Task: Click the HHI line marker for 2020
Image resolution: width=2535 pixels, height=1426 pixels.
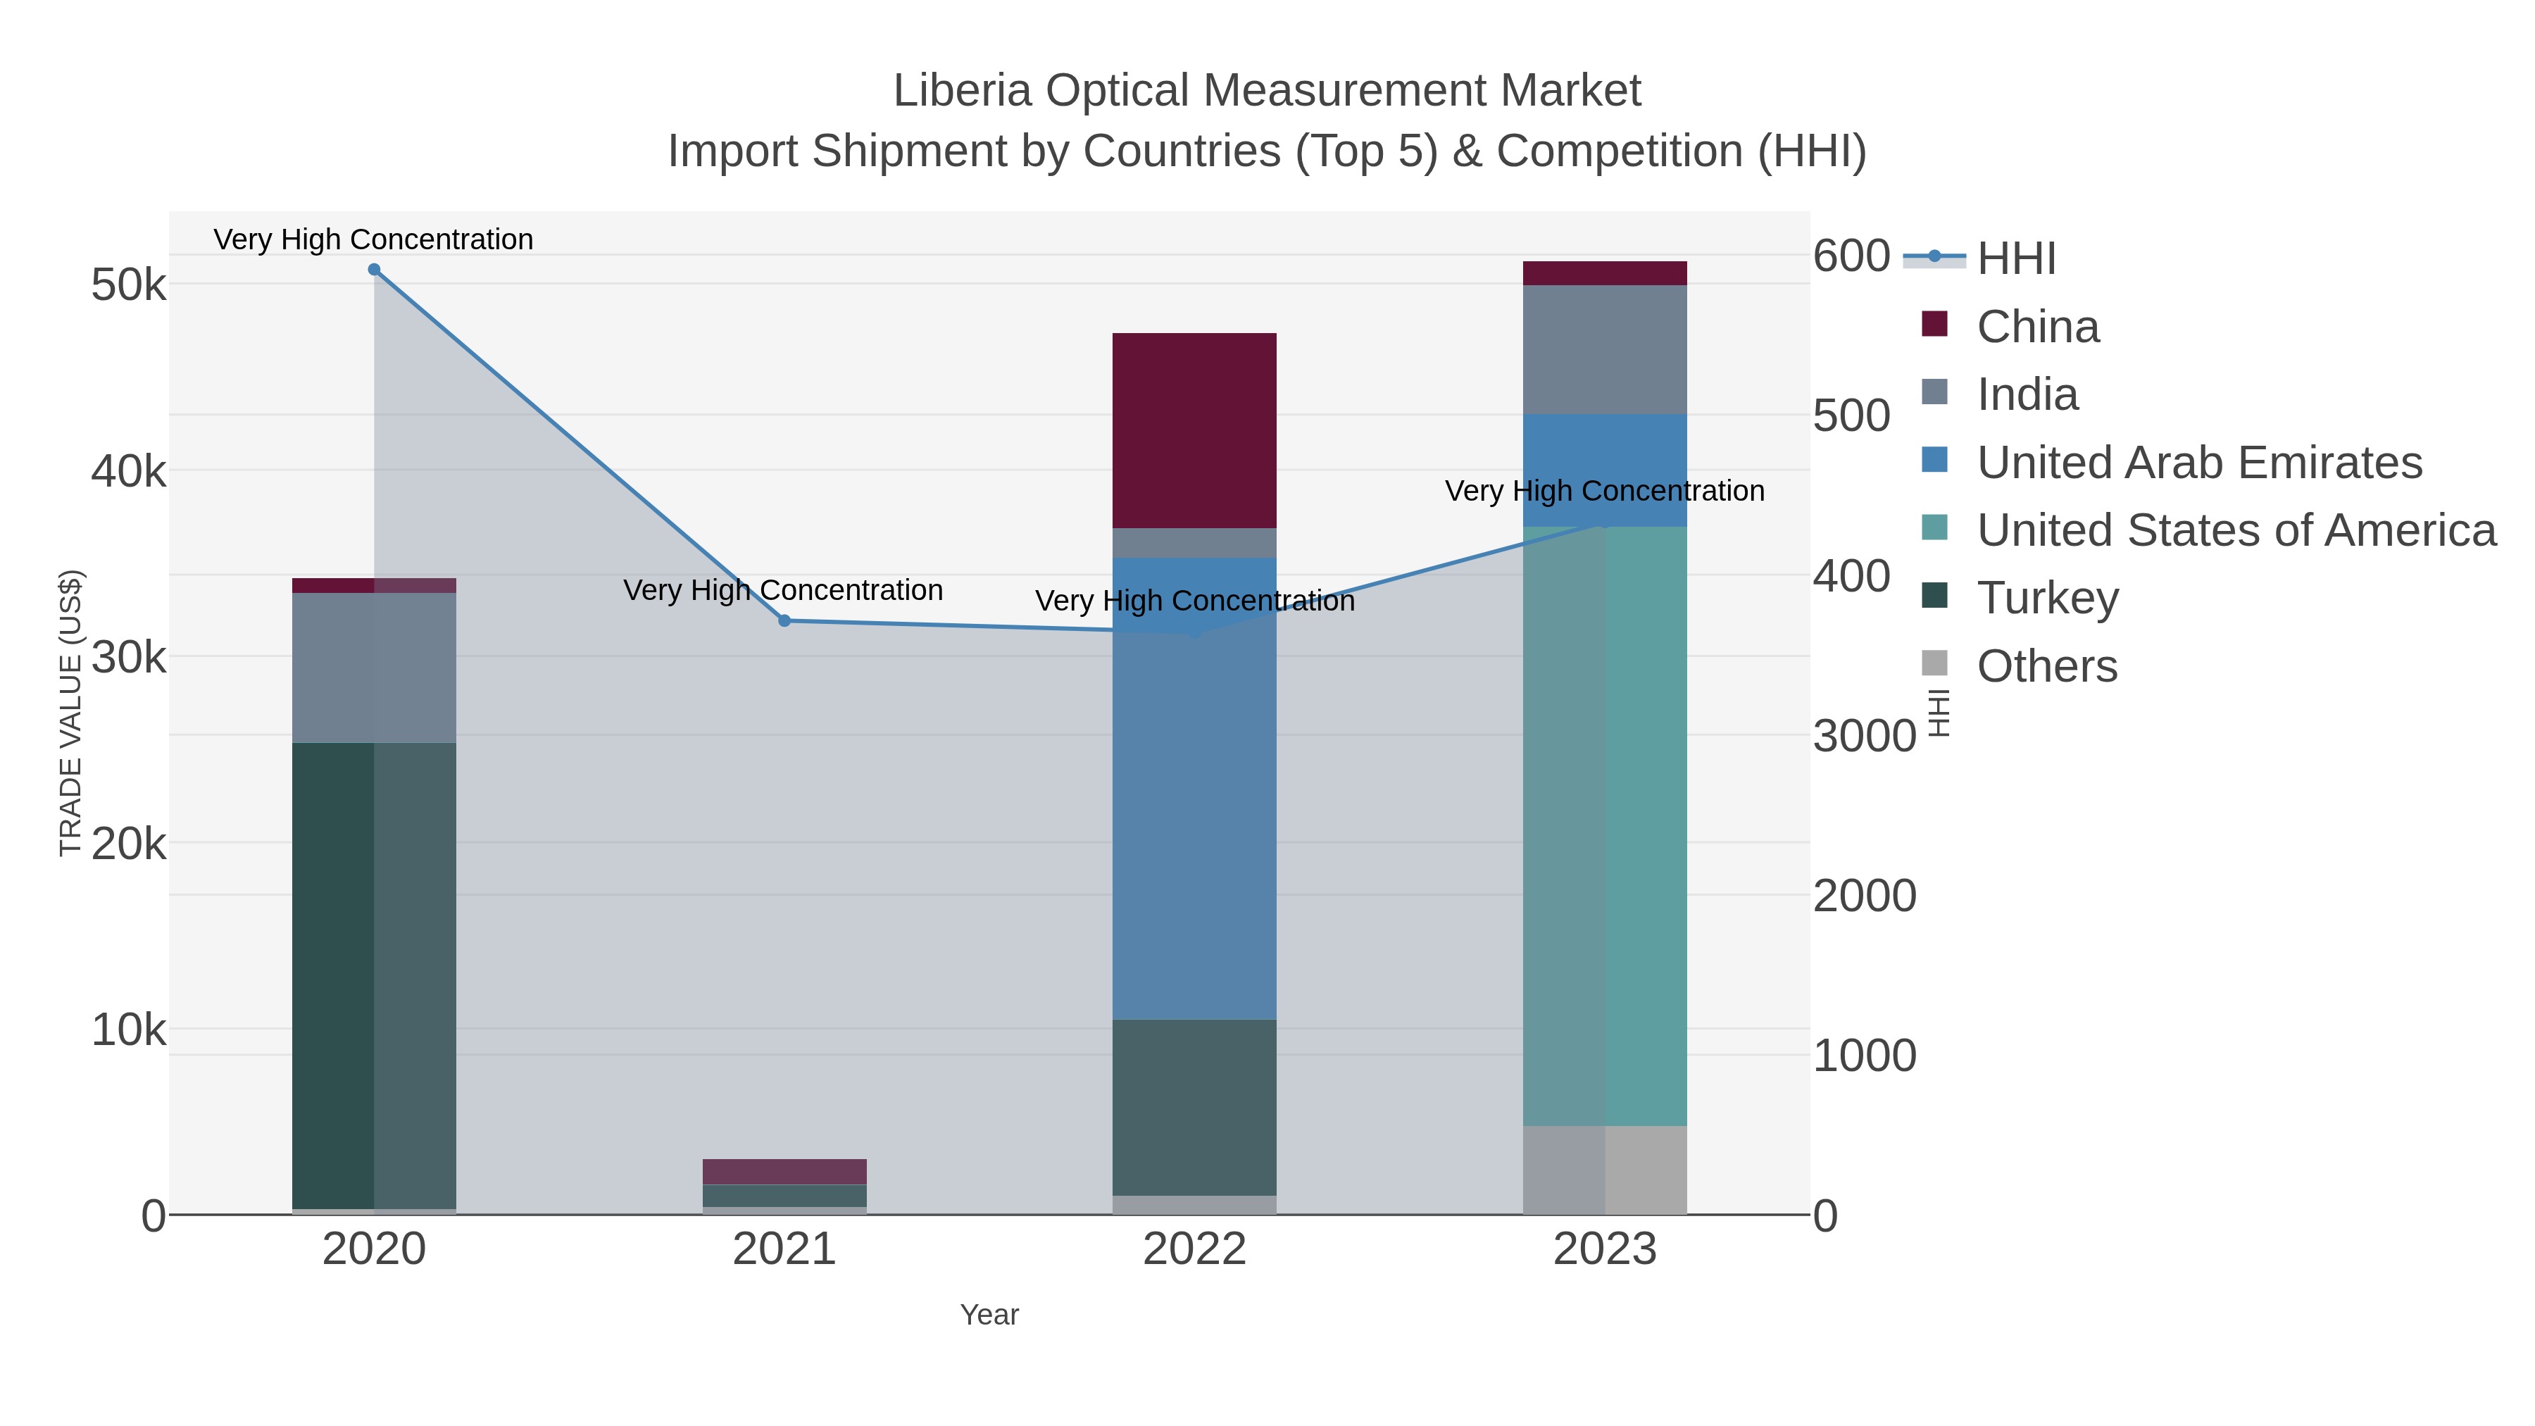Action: [x=374, y=270]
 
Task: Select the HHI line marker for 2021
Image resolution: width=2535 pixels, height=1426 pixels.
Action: [x=784, y=621]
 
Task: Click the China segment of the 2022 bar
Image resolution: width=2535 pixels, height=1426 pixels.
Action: [x=1194, y=430]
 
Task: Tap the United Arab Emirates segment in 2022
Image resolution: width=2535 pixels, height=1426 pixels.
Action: [x=1194, y=787]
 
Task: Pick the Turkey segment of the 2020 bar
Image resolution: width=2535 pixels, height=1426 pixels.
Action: [x=374, y=975]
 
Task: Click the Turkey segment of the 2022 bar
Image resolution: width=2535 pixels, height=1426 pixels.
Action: [x=1194, y=1106]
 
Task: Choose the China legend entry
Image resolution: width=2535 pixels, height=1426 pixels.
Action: [x=2037, y=327]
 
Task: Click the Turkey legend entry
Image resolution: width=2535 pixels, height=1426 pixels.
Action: [x=2047, y=599]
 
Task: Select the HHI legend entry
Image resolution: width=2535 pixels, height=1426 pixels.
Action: [x=2015, y=259]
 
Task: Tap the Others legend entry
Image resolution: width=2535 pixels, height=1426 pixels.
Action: [x=2047, y=666]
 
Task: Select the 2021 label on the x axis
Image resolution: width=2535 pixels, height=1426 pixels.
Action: [x=784, y=1250]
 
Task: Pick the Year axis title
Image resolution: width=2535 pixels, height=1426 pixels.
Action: [x=989, y=1315]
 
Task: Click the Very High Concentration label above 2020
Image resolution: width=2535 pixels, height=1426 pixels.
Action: [x=373, y=239]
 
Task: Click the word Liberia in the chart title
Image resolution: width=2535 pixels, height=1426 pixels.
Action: [x=960, y=91]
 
